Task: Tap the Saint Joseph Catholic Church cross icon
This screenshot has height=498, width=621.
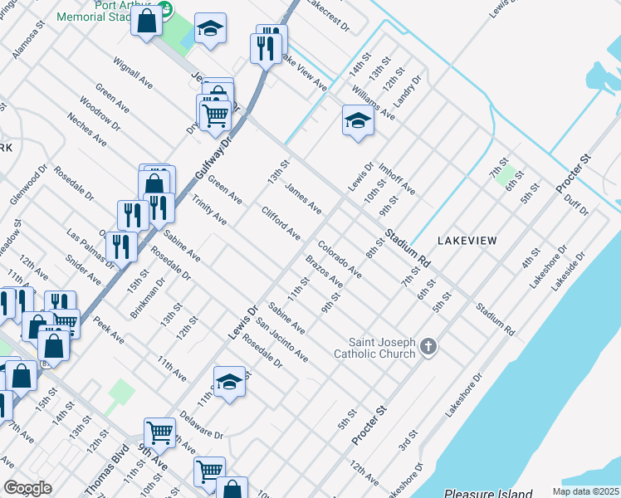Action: (x=428, y=346)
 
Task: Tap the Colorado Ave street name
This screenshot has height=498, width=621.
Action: (x=339, y=260)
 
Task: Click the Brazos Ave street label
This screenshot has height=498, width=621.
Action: (x=324, y=271)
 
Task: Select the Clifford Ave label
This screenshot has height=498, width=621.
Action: (x=281, y=223)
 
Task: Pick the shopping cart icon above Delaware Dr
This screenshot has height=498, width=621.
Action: (x=159, y=431)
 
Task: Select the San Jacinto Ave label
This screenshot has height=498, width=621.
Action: (x=282, y=340)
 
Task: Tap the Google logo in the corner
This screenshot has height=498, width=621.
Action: (x=27, y=488)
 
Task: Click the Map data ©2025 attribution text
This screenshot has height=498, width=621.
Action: (x=584, y=491)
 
